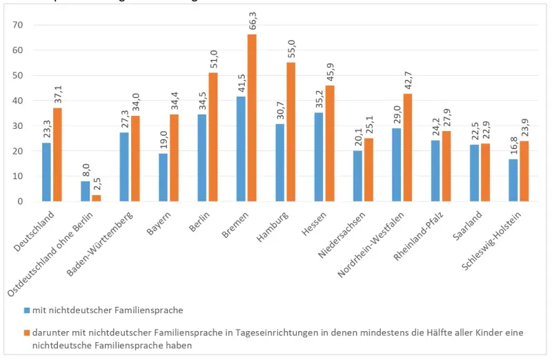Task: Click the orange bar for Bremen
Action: (252, 117)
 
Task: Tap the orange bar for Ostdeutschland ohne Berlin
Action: (96, 198)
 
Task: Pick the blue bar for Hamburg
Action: (279, 162)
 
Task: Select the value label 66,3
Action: (253, 20)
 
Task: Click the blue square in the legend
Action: (26, 310)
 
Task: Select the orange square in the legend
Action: (26, 332)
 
